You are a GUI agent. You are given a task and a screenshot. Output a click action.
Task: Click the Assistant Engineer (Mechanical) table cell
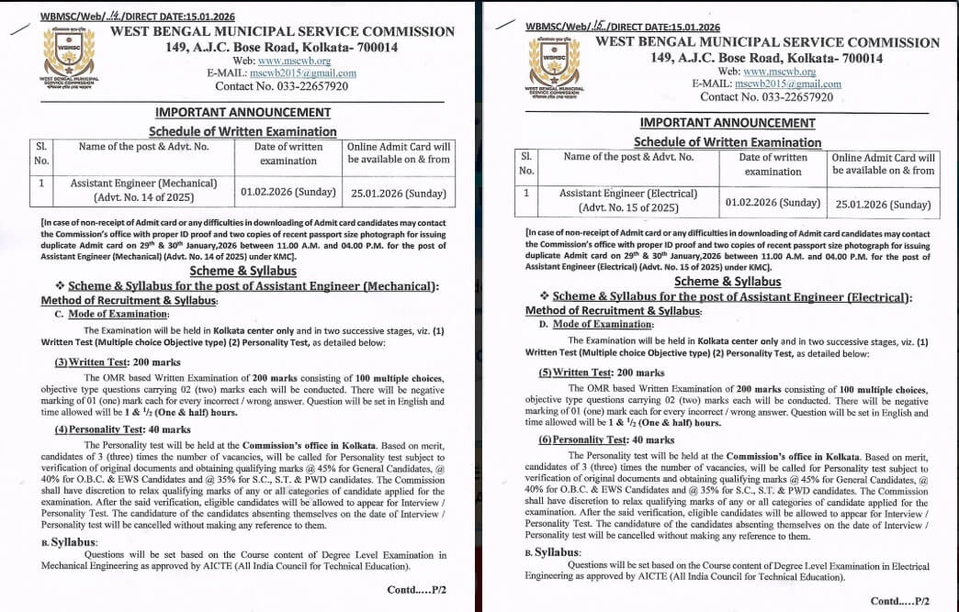point(144,190)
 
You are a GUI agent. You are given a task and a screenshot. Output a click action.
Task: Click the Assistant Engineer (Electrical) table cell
point(628,200)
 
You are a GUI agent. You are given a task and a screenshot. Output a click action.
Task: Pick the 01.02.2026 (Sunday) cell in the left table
point(288,192)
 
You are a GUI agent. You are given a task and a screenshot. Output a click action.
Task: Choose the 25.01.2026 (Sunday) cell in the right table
point(883,204)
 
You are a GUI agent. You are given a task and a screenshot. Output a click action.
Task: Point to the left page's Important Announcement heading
point(243,113)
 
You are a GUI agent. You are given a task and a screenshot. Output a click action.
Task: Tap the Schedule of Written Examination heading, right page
point(728,142)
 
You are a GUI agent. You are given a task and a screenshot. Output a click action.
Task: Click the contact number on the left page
point(281,86)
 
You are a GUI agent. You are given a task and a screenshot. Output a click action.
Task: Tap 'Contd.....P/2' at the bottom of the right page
point(900,601)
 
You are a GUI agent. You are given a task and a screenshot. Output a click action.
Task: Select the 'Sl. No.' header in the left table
point(41,153)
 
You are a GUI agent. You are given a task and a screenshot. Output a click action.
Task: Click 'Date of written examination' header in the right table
point(773,164)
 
